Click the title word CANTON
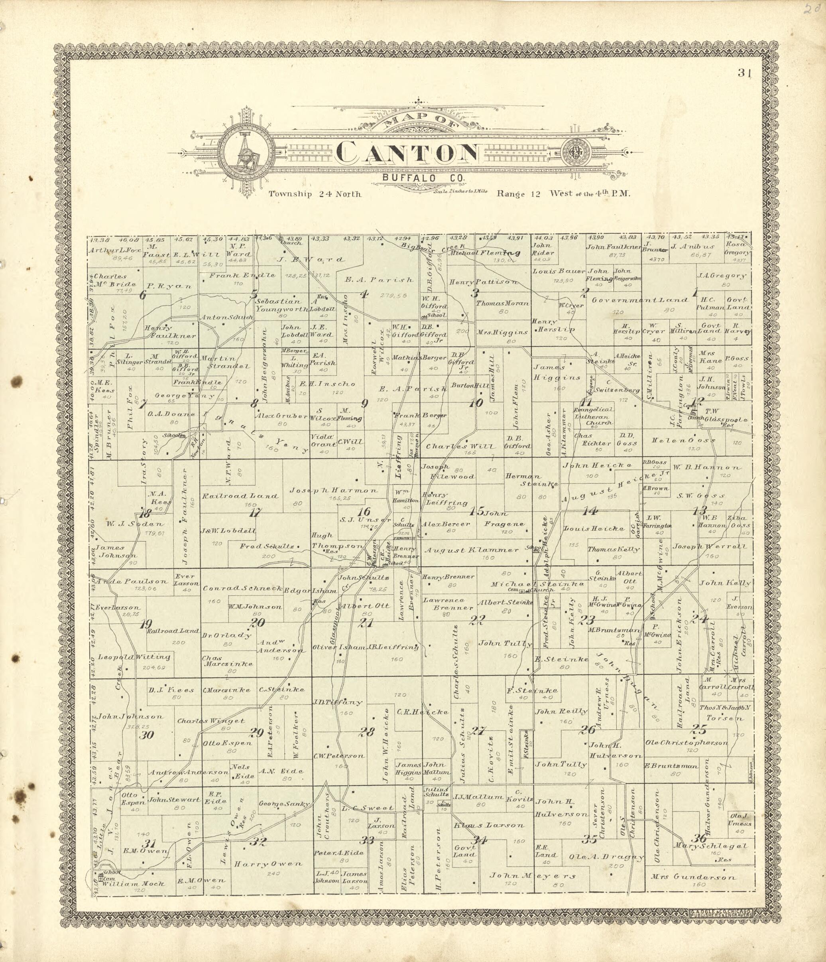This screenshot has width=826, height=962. coord(407,154)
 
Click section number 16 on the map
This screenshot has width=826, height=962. coord(364,512)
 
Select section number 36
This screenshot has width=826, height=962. coord(698,838)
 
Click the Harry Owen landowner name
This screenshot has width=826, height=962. coord(268,863)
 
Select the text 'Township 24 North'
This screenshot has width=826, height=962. coord(315,194)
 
